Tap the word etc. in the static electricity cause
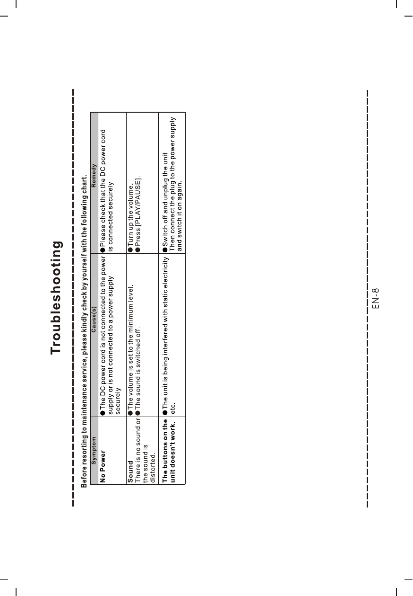[173, 405]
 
